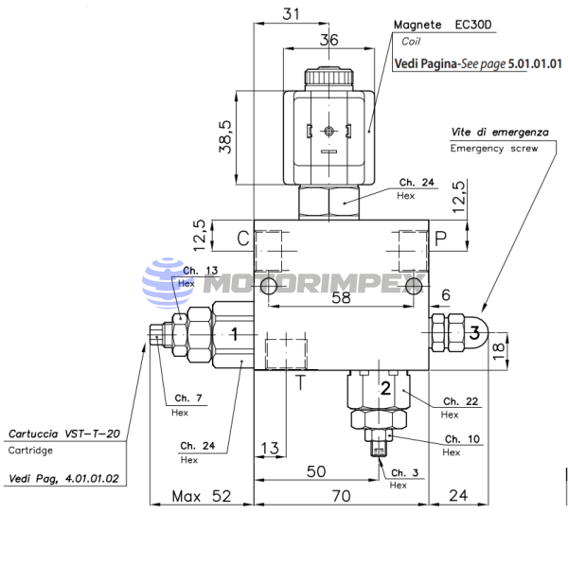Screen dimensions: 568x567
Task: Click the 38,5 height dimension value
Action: [x=225, y=137]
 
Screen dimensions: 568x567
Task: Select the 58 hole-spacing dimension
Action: [x=341, y=297]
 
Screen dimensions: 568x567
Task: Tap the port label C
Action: [x=243, y=239]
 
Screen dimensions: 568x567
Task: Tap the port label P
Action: [x=440, y=239]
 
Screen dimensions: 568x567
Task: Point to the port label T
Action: [x=300, y=382]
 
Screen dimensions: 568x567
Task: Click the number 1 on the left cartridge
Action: [x=235, y=334]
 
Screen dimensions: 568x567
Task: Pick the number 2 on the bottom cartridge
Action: [x=386, y=388]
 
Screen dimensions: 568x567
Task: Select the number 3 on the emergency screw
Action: [x=474, y=332]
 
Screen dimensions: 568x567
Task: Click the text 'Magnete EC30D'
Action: [x=443, y=25]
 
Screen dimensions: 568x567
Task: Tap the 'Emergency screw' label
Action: [x=494, y=149]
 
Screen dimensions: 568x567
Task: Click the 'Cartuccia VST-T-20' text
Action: [x=64, y=434]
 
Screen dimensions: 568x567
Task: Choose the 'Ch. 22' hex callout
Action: [x=461, y=401]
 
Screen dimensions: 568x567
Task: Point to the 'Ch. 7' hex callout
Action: [x=188, y=399]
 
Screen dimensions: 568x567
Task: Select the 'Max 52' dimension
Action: [x=202, y=496]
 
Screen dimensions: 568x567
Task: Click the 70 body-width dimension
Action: [x=341, y=496]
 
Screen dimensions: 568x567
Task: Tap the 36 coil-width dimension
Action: [x=328, y=40]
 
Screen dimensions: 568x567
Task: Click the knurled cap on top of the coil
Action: [x=328, y=78]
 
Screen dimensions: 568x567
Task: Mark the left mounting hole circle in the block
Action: [x=269, y=286]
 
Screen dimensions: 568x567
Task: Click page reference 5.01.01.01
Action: [x=535, y=63]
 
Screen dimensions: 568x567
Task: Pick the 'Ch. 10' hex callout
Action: [x=462, y=439]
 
